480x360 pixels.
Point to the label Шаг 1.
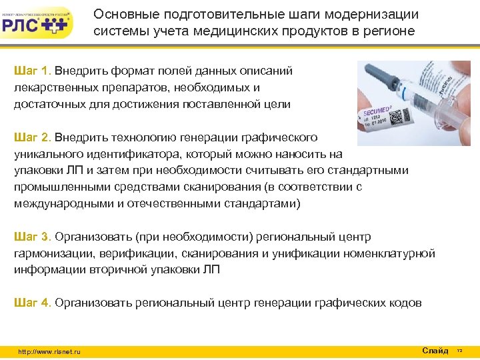point(33,70)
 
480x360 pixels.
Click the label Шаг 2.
point(33,137)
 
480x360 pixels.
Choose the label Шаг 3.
point(33,237)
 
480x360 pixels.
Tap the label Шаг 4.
point(33,303)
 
